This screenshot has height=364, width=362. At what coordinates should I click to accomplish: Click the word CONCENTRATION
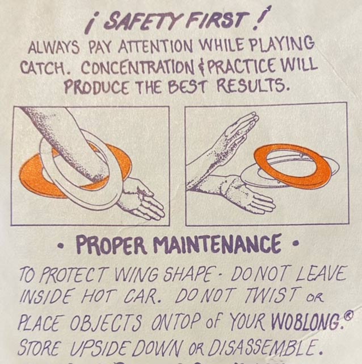pyautogui.click(x=137, y=67)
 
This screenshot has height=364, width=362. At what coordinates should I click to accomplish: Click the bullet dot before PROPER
pyautogui.click(x=61, y=246)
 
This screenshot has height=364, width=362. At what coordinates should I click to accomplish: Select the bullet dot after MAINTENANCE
pyautogui.click(x=295, y=243)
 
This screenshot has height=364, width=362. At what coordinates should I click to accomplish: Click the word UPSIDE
pyautogui.click(x=102, y=348)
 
